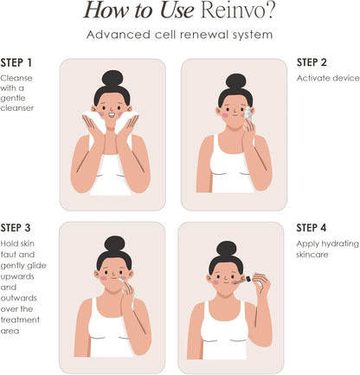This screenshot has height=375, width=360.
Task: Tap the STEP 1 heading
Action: [x=16, y=62]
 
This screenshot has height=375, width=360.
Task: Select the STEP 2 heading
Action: [x=312, y=62]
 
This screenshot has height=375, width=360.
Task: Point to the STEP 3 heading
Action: [x=16, y=228]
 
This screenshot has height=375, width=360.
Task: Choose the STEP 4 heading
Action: [x=312, y=228]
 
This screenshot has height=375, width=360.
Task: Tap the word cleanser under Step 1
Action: [x=17, y=108]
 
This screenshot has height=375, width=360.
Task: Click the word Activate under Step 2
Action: [x=312, y=78]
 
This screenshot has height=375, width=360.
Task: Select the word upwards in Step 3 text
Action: [x=17, y=276]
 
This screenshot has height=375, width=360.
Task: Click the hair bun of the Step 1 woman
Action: [x=112, y=79]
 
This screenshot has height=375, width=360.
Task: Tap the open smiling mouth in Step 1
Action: [x=112, y=115]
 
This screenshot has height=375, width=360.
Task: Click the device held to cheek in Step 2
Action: [x=249, y=114]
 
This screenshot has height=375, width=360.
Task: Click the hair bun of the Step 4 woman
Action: [x=227, y=249]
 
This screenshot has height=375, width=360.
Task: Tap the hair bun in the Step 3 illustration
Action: [x=115, y=244]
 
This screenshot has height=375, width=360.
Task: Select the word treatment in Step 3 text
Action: [x=20, y=320]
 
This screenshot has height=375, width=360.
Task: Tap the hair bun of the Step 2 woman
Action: [x=236, y=81]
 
